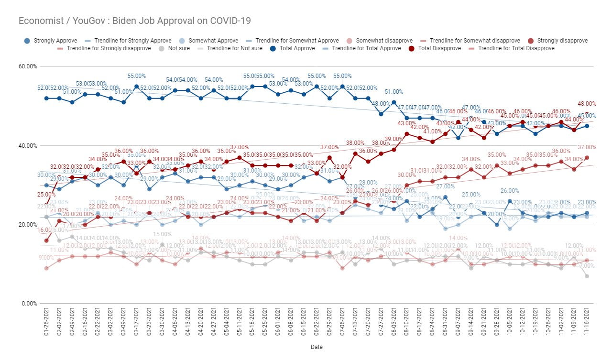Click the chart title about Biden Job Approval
pyautogui.click(x=134, y=21)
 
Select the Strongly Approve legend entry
pyautogui.click(x=52, y=41)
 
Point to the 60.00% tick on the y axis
pyautogui.click(x=28, y=66)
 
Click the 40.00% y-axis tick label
pyautogui.click(x=28, y=146)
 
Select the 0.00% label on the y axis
pyautogui.click(x=29, y=304)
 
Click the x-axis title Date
pyautogui.click(x=316, y=347)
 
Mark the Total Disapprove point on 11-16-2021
pyautogui.click(x=587, y=114)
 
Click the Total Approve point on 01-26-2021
pyautogui.click(x=46, y=98)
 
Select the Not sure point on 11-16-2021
pyautogui.click(x=587, y=276)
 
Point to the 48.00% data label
pyautogui.click(x=587, y=104)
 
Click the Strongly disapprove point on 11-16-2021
pyautogui.click(x=587, y=157)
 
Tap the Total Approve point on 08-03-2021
pyautogui.click(x=394, y=102)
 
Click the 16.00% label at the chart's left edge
pyautogui.click(x=45, y=230)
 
